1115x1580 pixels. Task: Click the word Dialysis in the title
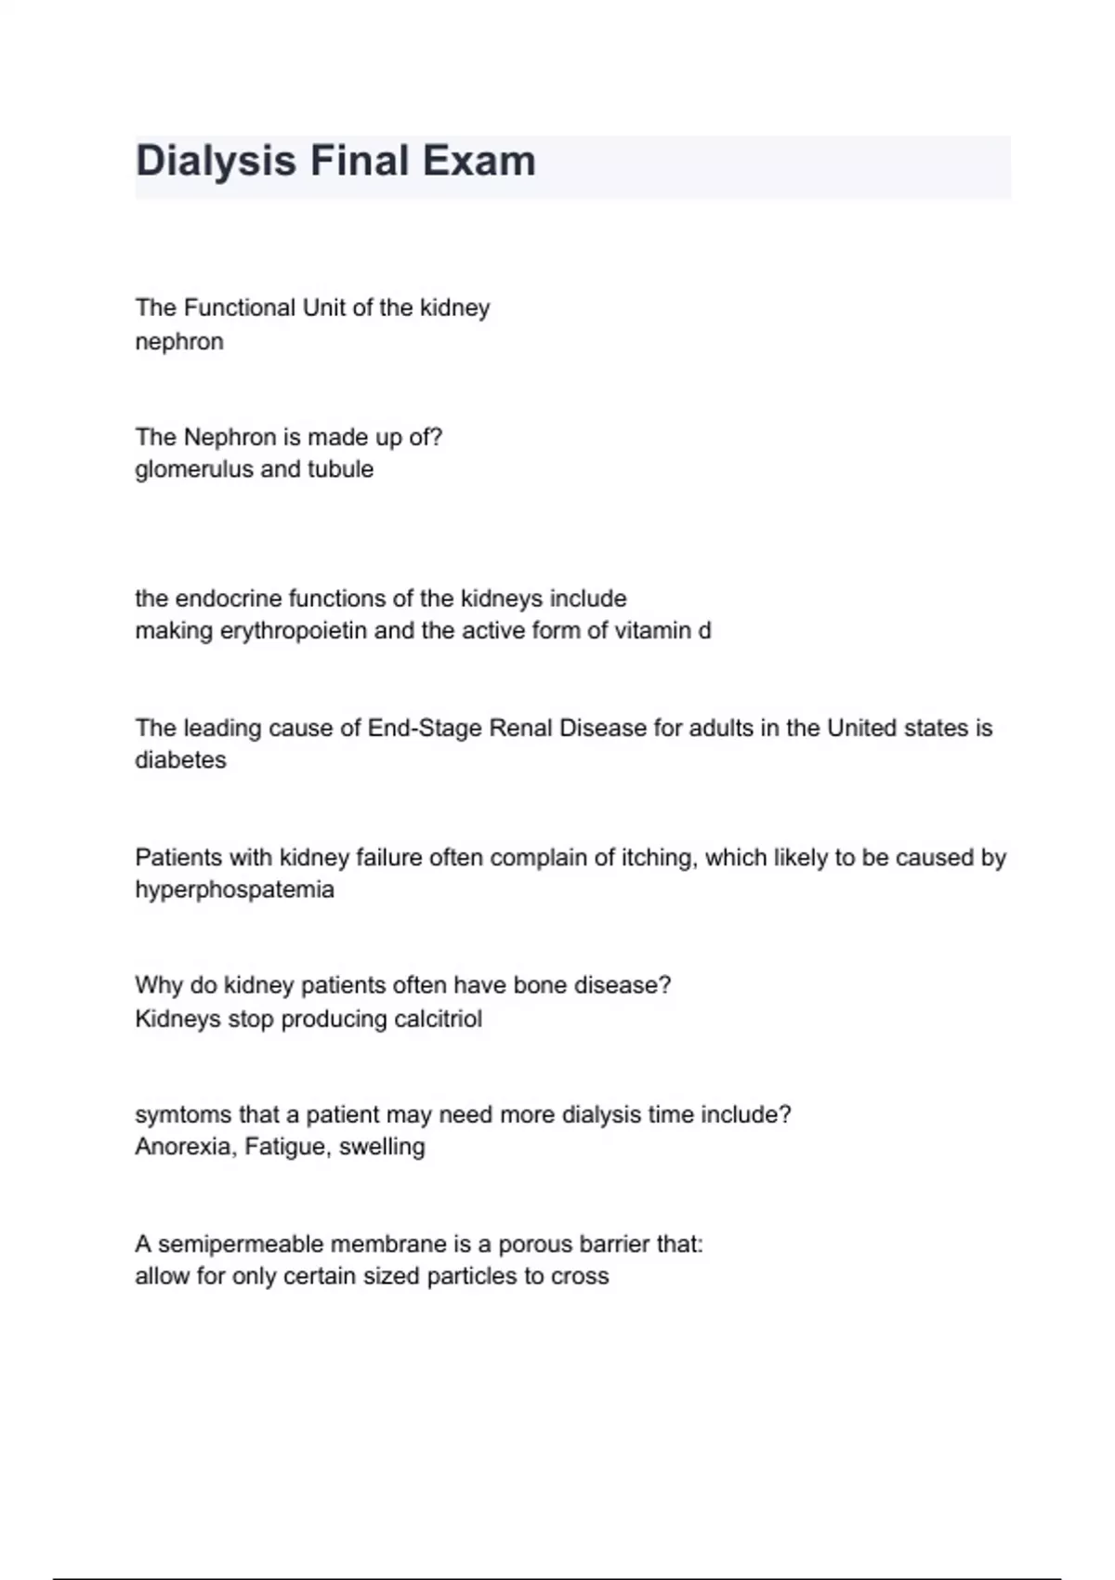point(216,162)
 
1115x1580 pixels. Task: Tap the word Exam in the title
point(479,162)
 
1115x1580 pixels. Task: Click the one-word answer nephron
point(179,342)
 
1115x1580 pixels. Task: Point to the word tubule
point(340,469)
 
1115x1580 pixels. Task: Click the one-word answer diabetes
point(180,760)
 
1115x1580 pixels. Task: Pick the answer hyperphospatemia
point(234,890)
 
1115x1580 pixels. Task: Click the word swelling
point(382,1148)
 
